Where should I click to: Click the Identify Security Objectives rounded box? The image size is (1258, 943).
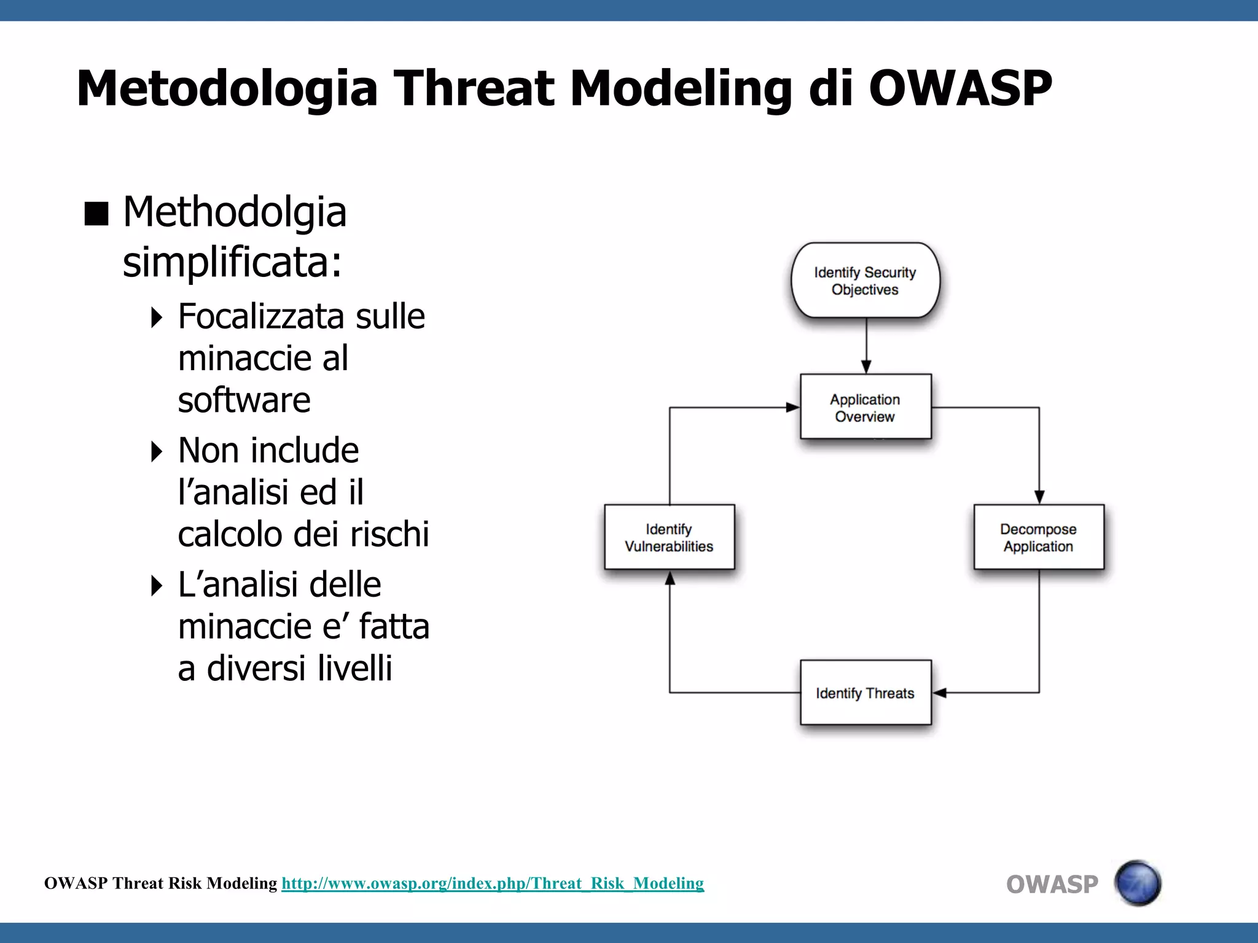[865, 281]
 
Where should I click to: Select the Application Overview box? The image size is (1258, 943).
[865, 407]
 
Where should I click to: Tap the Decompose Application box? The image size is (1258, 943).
[1039, 537]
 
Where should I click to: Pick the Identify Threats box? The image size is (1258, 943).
[865, 693]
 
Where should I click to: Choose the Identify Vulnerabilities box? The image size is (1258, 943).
[669, 537]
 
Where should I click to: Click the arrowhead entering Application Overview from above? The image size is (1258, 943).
[866, 367]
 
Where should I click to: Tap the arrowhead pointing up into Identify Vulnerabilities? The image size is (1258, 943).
[670, 578]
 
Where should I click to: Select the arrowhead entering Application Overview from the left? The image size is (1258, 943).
[792, 407]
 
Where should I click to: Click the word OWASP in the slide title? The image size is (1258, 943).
[960, 88]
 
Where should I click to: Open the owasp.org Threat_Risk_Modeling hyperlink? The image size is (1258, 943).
[493, 883]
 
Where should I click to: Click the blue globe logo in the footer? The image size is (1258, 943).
[1138, 883]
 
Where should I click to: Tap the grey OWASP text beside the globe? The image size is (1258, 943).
[1052, 885]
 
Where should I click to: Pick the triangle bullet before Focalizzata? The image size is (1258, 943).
[157, 317]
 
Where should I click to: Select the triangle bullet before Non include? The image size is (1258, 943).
[157, 451]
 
